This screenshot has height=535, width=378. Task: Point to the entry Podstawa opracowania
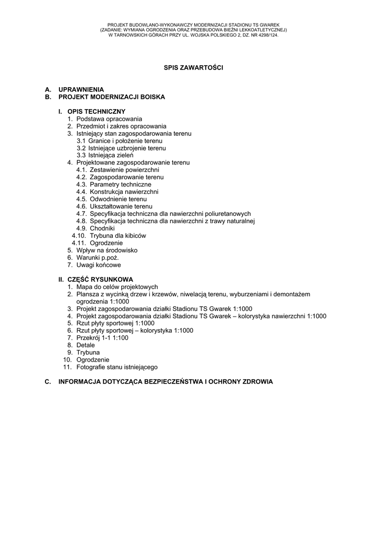tap(109, 119)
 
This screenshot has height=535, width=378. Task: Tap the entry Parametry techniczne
tap(120, 184)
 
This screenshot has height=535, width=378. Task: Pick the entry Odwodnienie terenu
tap(118, 199)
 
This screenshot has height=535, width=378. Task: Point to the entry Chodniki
tap(102, 228)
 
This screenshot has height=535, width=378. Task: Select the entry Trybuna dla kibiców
tap(117, 236)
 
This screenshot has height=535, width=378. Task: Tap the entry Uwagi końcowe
tap(98, 265)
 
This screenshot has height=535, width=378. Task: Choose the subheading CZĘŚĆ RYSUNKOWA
tap(100, 280)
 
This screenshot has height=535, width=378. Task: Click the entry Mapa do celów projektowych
tap(116, 287)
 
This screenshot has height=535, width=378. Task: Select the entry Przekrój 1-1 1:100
tap(102, 338)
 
